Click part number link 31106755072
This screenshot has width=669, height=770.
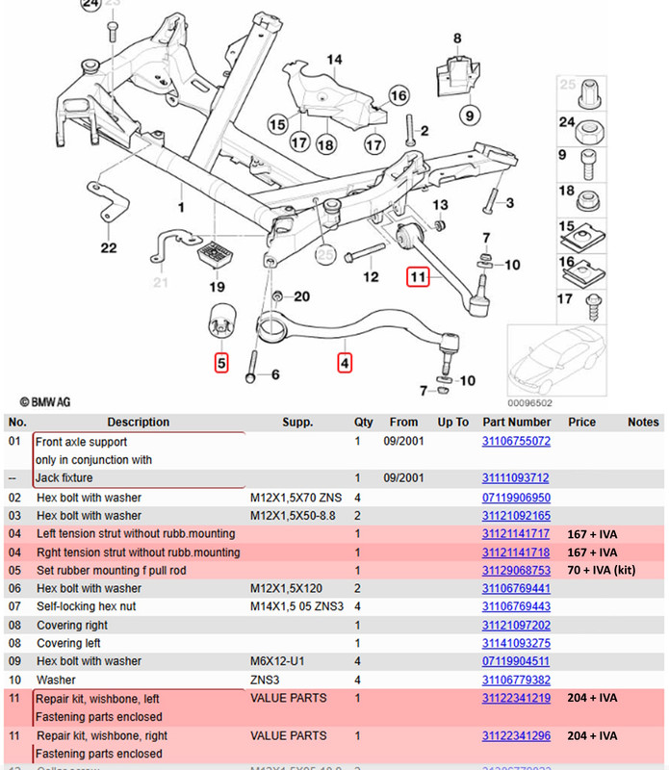coord(516,442)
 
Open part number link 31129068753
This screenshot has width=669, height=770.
coord(516,571)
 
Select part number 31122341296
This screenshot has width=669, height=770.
coord(516,736)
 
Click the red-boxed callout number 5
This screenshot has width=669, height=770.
coord(221,364)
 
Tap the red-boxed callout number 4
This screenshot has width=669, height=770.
coord(345,364)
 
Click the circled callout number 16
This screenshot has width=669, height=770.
coord(399,95)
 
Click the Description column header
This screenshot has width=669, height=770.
coord(138,423)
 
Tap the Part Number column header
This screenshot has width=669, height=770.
coord(516,423)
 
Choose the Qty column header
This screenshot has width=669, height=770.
coord(363,423)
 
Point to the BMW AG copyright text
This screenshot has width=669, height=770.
coord(44,401)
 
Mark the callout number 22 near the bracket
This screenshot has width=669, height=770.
coord(109,248)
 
